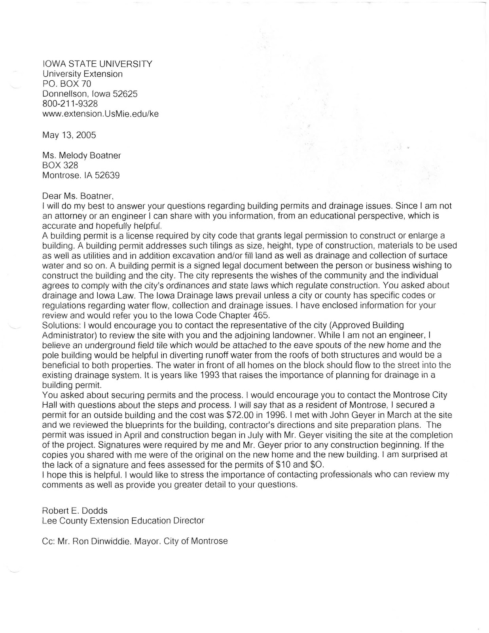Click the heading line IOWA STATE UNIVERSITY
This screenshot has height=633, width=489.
pos(97,64)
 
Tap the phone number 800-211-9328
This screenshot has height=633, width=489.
pos(70,104)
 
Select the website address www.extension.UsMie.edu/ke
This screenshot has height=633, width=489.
pos(100,114)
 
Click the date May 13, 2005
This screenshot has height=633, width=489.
pos(69,135)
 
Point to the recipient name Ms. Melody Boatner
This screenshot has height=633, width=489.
pos(81,155)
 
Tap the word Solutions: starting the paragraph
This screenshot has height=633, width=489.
pos(61,325)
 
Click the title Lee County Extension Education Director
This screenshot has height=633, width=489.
pos(123,520)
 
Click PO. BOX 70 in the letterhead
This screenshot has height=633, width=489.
pos(66,84)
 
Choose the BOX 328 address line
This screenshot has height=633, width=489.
pos(60,165)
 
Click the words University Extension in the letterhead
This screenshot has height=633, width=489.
pos(82,74)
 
